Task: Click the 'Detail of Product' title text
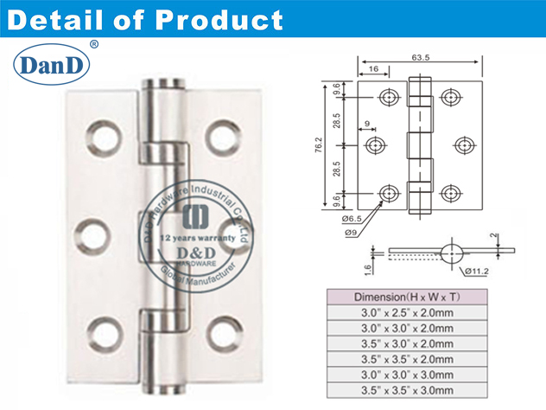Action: (143, 19)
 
